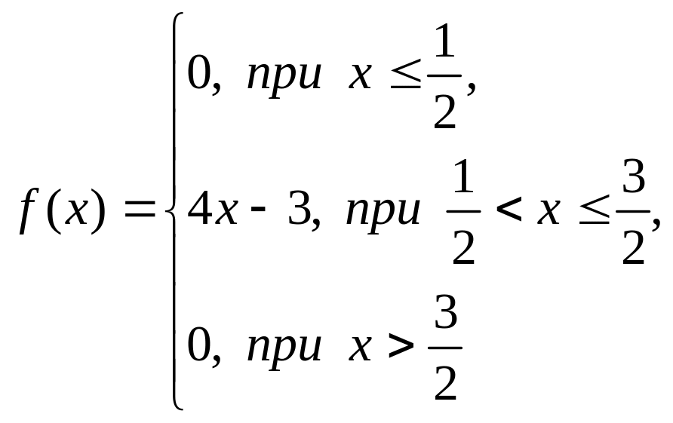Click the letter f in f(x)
tap(29, 213)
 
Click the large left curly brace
tap(174, 211)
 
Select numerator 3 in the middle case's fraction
tap(635, 181)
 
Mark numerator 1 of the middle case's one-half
tap(463, 181)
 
